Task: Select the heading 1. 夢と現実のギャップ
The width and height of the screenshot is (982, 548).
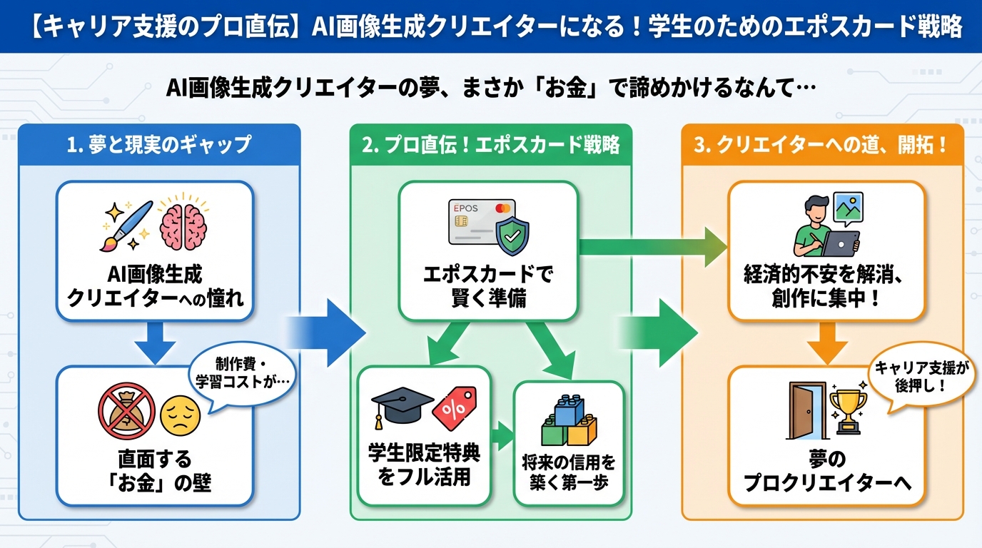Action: click(x=158, y=145)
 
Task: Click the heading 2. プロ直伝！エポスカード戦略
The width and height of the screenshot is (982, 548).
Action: click(x=490, y=145)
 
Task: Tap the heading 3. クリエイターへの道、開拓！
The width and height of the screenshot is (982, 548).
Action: click(x=821, y=145)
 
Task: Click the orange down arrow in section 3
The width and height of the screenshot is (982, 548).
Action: click(x=827, y=341)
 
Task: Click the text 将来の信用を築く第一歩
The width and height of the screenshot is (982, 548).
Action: click(x=568, y=471)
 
